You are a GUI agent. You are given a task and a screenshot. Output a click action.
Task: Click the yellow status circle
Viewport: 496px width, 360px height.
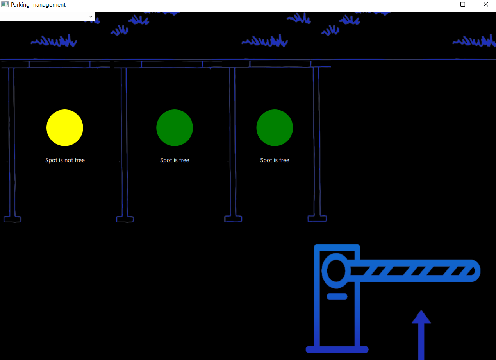[65, 128]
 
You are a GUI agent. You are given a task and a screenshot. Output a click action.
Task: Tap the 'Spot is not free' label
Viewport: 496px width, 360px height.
[65, 160]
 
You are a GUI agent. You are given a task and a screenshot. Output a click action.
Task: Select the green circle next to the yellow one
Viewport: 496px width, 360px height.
[175, 128]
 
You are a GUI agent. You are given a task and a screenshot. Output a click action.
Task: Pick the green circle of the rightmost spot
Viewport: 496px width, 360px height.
[275, 128]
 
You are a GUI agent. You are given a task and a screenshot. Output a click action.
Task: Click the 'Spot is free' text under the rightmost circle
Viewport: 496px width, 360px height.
[275, 160]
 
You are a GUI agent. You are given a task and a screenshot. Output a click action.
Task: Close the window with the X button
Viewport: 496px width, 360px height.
[485, 5]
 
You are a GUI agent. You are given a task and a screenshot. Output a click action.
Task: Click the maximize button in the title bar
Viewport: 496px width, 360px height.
[463, 5]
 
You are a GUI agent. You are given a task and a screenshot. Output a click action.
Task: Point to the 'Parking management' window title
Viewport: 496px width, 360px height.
[38, 5]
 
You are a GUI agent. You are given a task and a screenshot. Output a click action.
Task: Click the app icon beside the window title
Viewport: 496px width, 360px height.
[5, 5]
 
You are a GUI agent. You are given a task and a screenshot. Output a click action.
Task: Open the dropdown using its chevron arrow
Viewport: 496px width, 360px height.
[91, 16]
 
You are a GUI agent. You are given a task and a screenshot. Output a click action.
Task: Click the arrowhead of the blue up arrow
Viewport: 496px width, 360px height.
[421, 317]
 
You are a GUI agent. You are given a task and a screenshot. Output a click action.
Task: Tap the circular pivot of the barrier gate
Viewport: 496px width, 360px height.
[336, 270]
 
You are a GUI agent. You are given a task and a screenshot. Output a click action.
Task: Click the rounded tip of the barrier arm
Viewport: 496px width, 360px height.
[474, 270]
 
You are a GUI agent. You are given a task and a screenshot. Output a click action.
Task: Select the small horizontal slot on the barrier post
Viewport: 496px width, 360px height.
[337, 296]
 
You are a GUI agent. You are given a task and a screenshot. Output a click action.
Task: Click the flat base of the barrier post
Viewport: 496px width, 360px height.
[337, 349]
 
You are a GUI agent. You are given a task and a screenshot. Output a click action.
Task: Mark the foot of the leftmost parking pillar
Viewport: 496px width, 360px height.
[12, 219]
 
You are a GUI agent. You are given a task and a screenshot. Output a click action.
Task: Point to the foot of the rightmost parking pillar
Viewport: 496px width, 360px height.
[317, 219]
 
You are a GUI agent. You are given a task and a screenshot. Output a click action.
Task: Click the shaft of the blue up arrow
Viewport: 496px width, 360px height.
[421, 342]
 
